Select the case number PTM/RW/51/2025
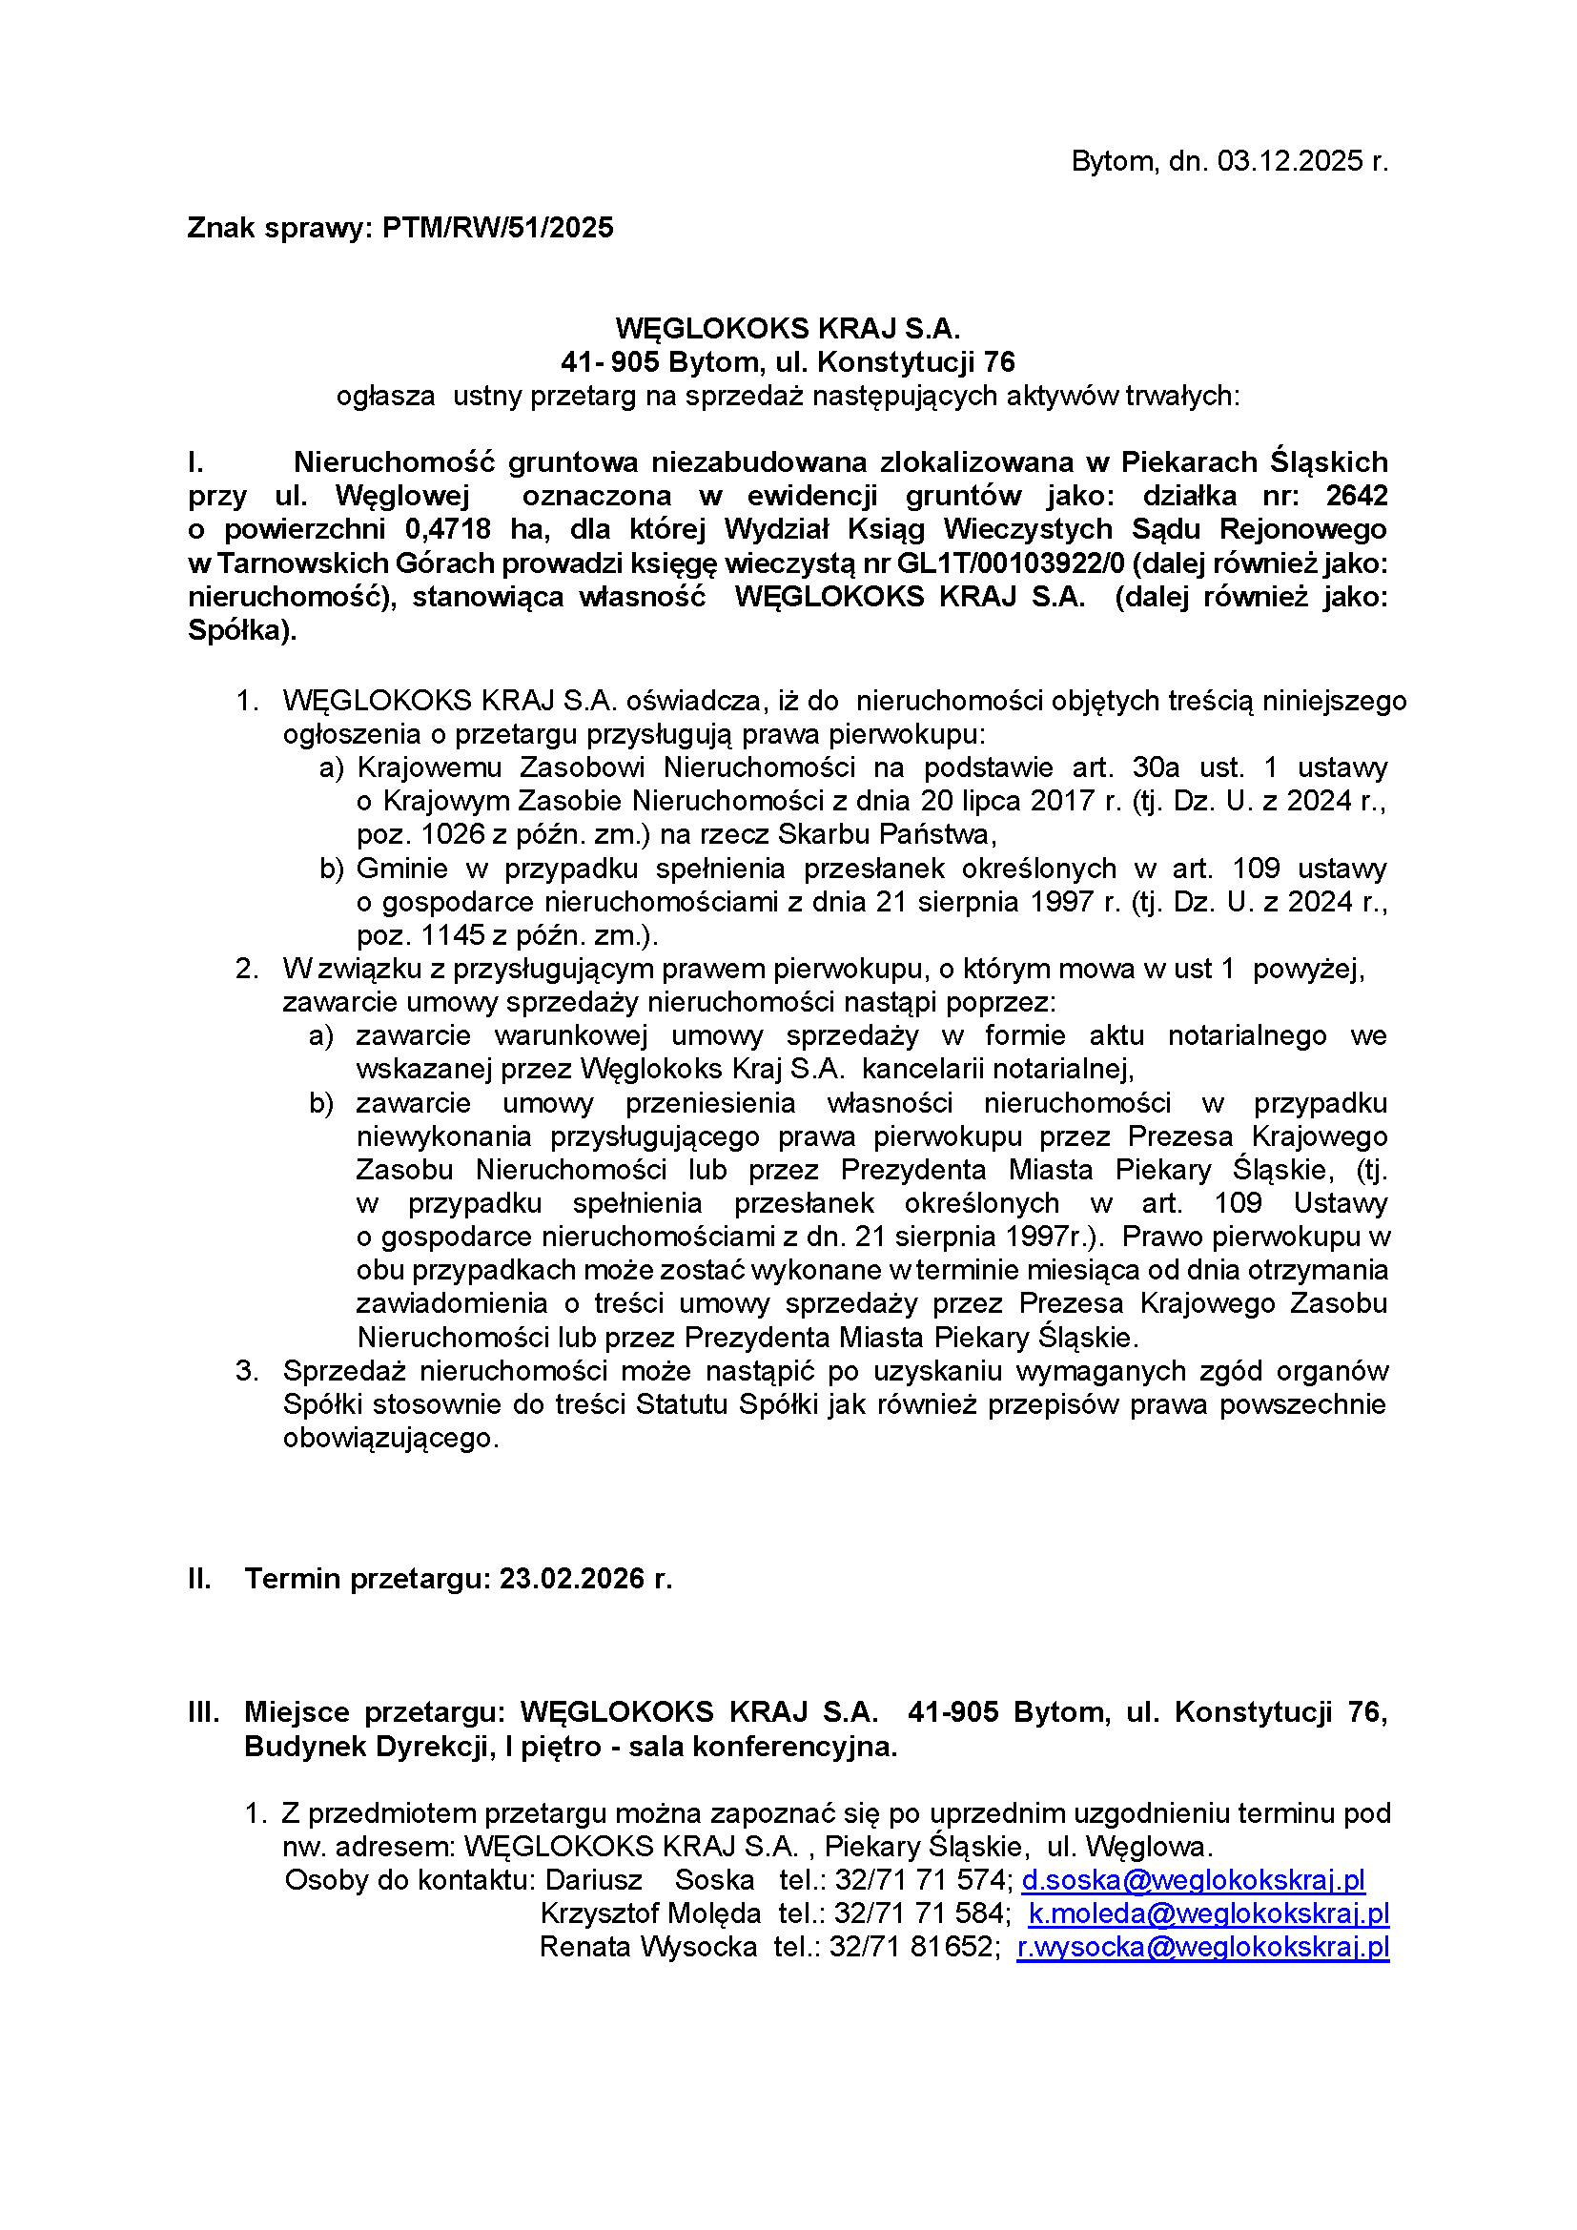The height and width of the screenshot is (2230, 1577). click(497, 228)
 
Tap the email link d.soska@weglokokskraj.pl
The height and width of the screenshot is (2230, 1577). click(1193, 1880)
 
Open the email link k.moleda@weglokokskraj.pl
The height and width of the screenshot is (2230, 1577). click(1208, 1913)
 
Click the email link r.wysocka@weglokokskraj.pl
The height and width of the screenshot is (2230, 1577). click(1202, 1948)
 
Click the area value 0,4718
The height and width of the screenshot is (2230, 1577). click(448, 529)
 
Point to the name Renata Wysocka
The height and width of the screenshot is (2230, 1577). click(647, 1948)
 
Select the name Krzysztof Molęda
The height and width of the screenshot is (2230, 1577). click(649, 1913)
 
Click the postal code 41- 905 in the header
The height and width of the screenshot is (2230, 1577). click(610, 362)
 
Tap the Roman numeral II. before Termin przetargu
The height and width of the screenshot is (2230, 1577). click(199, 1578)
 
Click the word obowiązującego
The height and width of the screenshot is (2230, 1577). click(390, 1439)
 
